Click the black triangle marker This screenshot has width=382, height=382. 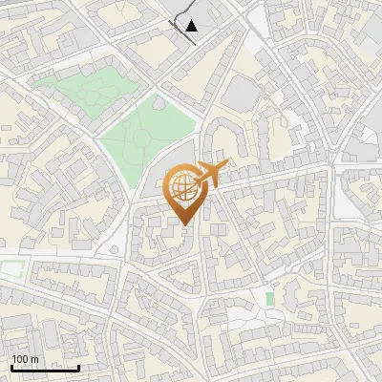pos(192,26)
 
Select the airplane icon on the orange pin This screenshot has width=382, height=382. pos(211,175)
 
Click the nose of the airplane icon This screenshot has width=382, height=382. pos(226,165)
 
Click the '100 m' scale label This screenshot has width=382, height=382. pos(24,359)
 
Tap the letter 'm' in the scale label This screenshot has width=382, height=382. pos(33,359)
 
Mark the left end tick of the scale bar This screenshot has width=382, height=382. pos(11,366)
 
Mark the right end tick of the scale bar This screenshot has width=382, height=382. pos(78,366)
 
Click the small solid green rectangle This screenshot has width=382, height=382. pos(269,299)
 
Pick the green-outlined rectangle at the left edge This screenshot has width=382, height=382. pos(9,270)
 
